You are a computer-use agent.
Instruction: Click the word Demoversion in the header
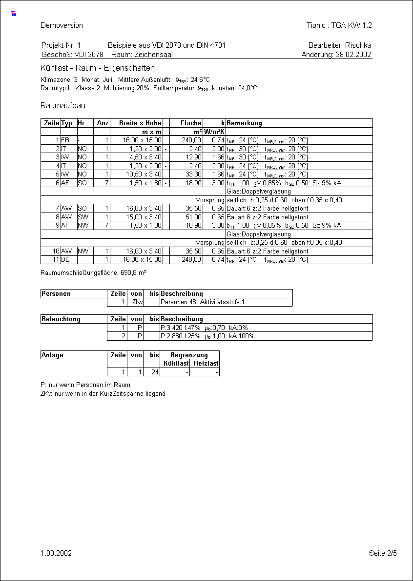[62, 25]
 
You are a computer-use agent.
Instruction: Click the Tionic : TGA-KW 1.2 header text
[339, 25]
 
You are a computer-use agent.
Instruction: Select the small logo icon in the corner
[14, 14]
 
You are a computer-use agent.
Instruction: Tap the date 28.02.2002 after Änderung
[353, 55]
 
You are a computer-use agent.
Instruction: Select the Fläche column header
[191, 123]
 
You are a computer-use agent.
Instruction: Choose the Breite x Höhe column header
[140, 123]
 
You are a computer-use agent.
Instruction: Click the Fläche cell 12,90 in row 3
[193, 157]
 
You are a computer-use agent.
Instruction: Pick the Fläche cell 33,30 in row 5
[193, 174]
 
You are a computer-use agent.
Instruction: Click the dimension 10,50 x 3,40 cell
[142, 174]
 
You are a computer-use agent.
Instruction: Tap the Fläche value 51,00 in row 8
[193, 217]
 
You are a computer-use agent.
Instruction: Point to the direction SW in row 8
[82, 217]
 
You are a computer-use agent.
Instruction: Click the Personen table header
[56, 294]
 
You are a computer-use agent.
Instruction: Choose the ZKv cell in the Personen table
[137, 303]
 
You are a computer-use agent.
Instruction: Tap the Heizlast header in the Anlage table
[206, 364]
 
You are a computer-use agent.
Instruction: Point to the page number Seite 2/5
[383, 553]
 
